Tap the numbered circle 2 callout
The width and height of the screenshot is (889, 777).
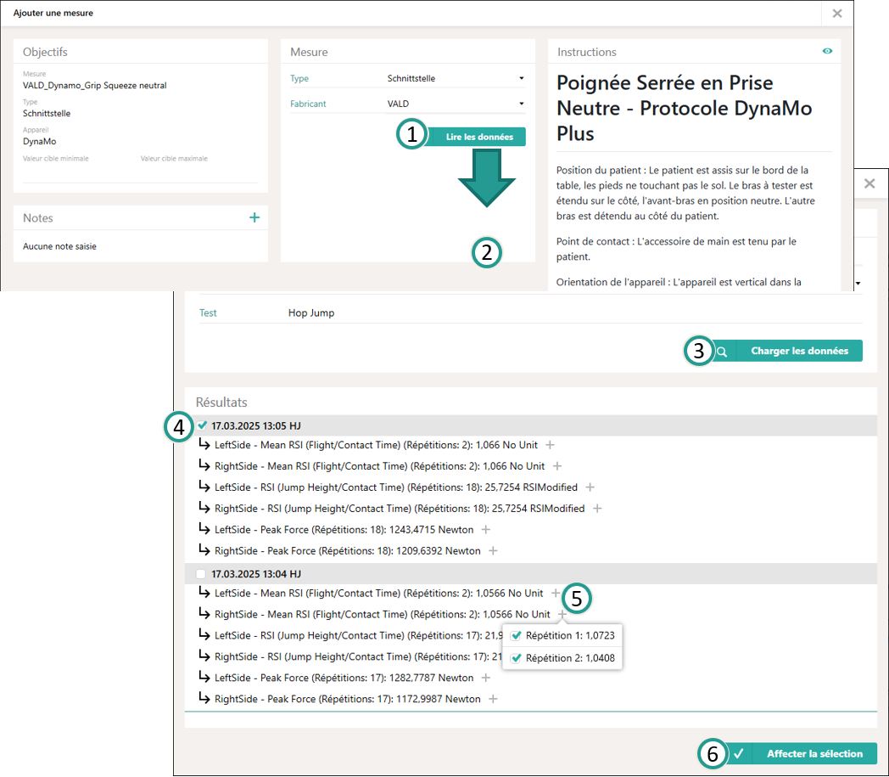(x=486, y=252)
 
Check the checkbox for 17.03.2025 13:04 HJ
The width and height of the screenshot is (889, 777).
(x=201, y=574)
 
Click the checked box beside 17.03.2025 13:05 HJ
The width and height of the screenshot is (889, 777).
(x=203, y=425)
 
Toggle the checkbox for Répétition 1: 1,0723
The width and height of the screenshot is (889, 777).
(x=516, y=636)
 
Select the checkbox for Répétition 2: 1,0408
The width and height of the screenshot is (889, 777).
(x=516, y=658)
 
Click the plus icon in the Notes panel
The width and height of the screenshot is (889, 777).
(x=254, y=217)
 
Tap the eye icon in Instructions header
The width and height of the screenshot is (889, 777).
(x=827, y=51)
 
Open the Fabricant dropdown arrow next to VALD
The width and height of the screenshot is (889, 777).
(x=522, y=104)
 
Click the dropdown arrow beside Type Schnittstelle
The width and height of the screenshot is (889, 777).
(x=522, y=78)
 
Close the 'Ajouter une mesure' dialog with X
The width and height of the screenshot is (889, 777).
(x=837, y=13)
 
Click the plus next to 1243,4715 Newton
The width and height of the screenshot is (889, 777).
(x=486, y=530)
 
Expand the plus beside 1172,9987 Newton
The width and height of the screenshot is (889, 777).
(x=493, y=699)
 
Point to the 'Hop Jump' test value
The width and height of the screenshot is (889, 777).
(x=311, y=312)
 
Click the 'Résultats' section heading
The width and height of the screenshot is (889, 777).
(x=221, y=402)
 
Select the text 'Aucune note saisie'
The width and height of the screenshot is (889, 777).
(x=59, y=246)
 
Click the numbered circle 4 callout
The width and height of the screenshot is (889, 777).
(x=179, y=427)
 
